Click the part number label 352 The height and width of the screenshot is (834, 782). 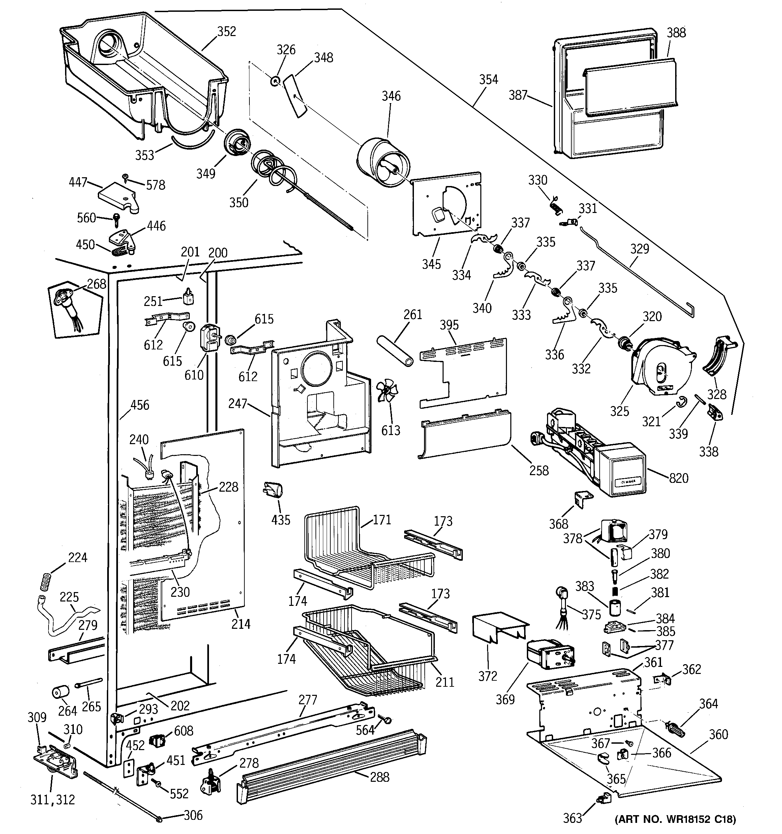click(x=227, y=31)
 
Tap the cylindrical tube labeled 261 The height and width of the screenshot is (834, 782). click(x=395, y=351)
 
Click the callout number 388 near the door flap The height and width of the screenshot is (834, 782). click(x=676, y=33)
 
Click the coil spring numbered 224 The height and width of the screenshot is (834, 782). click(x=46, y=581)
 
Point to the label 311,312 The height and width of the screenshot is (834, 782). click(x=53, y=800)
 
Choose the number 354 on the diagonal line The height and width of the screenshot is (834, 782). click(x=489, y=80)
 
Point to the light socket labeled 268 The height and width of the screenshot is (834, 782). click(x=67, y=304)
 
